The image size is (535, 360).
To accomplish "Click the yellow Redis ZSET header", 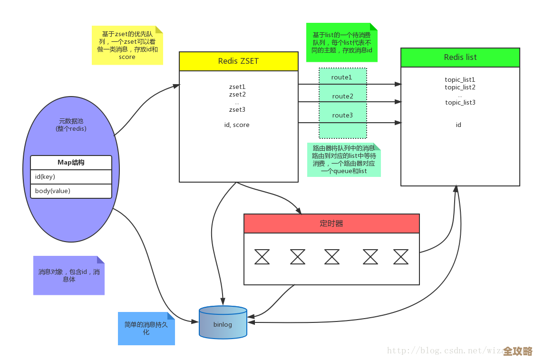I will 238,61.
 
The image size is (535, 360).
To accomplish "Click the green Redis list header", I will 460,57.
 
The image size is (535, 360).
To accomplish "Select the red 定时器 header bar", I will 331,224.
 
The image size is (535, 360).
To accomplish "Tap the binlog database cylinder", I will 223,323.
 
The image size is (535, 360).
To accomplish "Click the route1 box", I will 342,77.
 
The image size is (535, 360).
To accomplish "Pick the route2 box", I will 342,97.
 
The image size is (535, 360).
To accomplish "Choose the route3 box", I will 342,115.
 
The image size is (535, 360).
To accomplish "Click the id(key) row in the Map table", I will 71,177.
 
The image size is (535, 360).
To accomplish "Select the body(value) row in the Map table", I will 71,191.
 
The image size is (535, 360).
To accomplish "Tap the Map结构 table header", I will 71,163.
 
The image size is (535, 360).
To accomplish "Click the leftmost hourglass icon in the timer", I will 262,257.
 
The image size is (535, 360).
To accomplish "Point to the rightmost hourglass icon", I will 400,257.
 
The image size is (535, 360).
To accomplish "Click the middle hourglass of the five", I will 332,257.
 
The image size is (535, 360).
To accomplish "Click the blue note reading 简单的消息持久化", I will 146,328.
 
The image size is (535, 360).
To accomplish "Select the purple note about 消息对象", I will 68,276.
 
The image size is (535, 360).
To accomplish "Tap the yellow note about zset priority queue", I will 127,46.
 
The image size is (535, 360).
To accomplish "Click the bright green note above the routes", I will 341,43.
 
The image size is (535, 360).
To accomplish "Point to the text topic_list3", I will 460,103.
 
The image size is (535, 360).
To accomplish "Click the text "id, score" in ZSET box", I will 236,125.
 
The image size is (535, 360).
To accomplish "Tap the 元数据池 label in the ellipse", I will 71,125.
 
